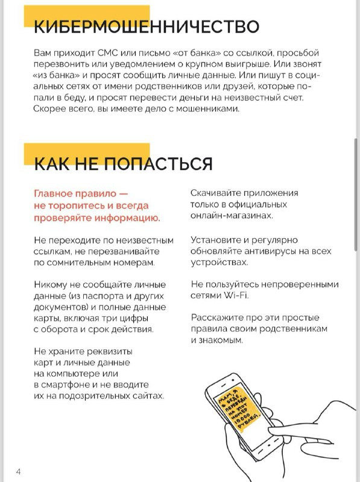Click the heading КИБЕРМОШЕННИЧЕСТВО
coord(147,27)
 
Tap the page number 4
coord(19,471)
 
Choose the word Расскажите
coord(219,318)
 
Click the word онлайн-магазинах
coord(232,215)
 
